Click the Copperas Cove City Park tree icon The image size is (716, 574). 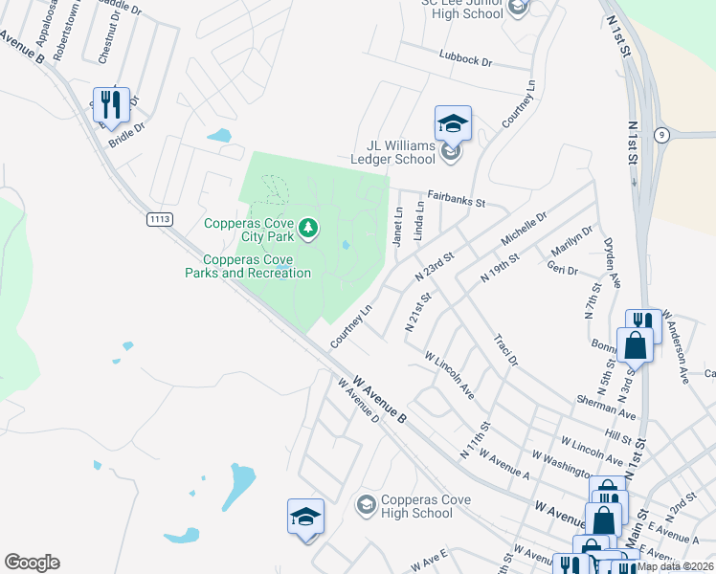coord(308,228)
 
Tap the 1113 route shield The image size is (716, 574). coord(161,220)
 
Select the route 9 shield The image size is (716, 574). coord(661,136)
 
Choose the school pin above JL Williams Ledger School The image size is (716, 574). coord(453,123)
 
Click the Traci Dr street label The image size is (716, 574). coord(504,351)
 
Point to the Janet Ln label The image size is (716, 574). coord(397,228)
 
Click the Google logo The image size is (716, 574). coord(31,563)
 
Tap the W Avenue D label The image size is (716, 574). coord(359,401)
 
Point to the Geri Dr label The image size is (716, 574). coord(565,272)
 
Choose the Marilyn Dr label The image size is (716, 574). coord(572,243)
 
